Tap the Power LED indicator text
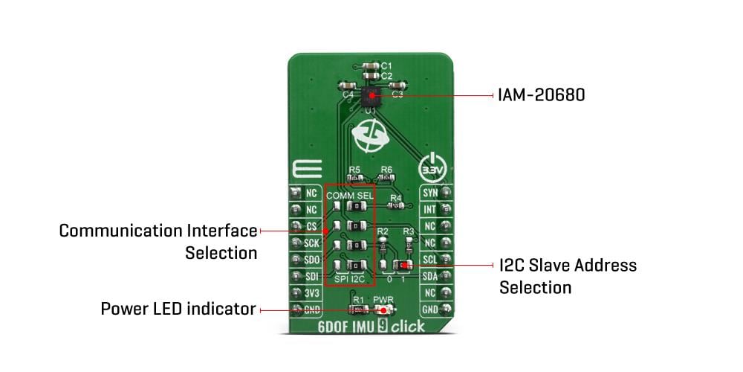178,308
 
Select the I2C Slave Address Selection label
568,276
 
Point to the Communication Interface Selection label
158,241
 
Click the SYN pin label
430,193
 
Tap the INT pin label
430,210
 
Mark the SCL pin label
430,260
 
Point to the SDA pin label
430,276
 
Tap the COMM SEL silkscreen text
350,195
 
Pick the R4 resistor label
396,197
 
